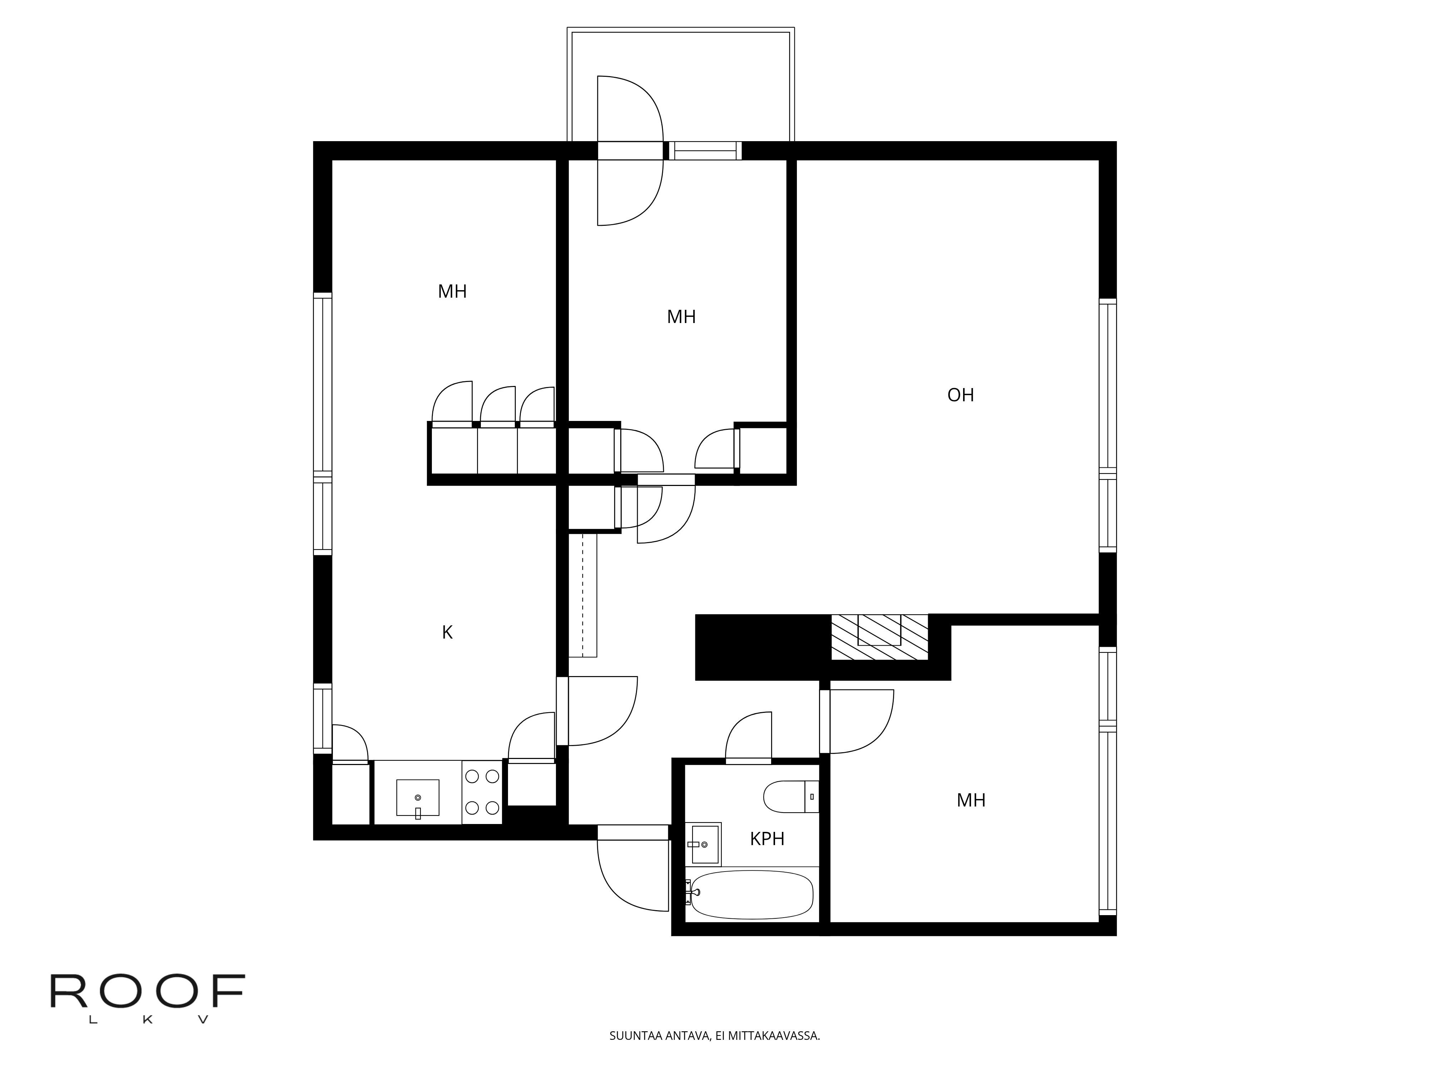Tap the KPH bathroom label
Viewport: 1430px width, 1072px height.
pyautogui.click(x=767, y=839)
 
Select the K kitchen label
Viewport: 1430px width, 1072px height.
pyautogui.click(x=447, y=632)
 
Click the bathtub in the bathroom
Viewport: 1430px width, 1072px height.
pyautogui.click(x=750, y=895)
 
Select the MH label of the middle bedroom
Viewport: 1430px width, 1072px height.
pyautogui.click(x=681, y=317)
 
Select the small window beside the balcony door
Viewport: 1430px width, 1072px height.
pyautogui.click(x=705, y=150)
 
